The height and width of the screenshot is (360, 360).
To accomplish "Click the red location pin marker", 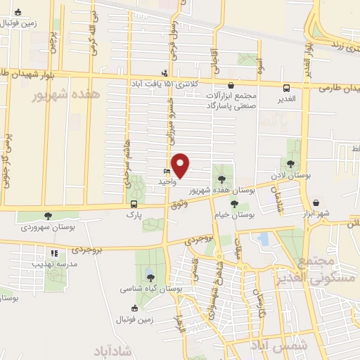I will tap(181, 165).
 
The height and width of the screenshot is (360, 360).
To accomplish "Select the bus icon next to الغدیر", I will tap(286, 88).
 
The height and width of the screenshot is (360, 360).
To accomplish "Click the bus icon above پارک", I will tap(133, 205).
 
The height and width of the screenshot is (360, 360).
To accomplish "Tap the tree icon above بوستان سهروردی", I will tap(48, 216).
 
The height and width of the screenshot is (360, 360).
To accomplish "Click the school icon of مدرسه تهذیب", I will tap(53, 253).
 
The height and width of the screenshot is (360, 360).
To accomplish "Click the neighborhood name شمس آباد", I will tap(278, 345).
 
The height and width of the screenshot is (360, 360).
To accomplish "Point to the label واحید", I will tap(165, 181).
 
